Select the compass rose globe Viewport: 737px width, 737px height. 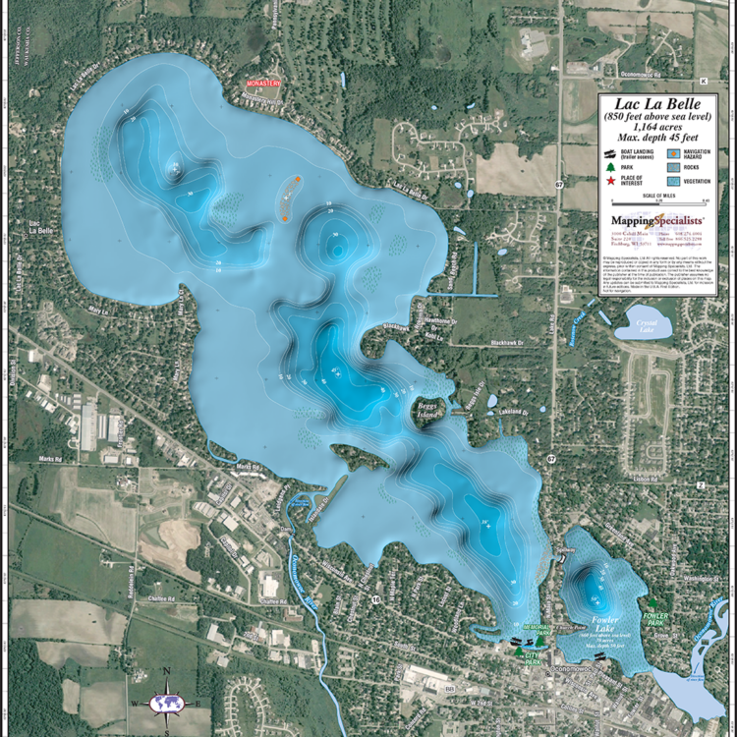coord(166,704)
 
